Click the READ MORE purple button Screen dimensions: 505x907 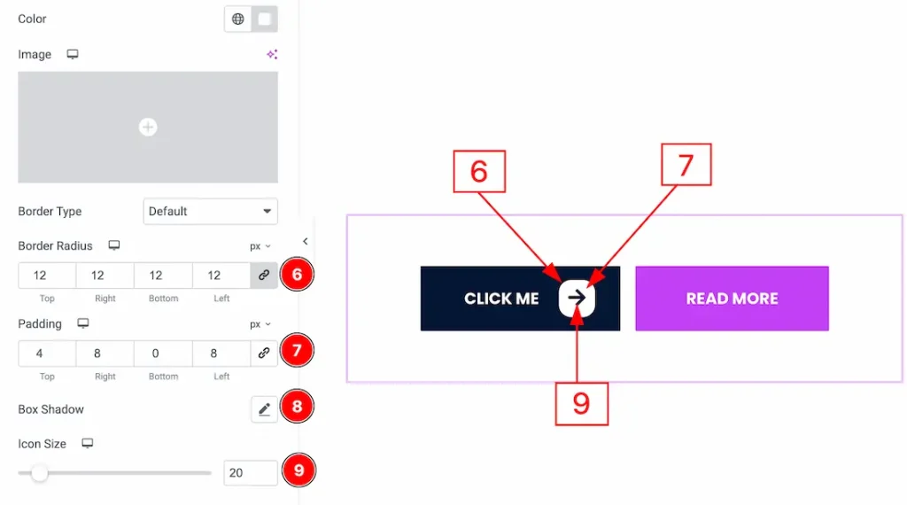732,299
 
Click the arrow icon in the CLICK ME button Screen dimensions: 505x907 578,299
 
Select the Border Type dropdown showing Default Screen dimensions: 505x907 210,212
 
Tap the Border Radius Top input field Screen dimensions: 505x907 47,276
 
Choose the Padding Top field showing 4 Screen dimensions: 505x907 47,353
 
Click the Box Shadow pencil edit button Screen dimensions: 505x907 264,409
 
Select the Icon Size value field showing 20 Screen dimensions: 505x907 251,473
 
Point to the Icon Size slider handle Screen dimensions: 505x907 39,473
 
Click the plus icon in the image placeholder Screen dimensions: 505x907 148,128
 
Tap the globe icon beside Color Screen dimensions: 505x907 238,19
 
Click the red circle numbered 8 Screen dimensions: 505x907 298,408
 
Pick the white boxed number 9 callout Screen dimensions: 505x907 581,403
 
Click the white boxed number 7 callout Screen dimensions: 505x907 686,164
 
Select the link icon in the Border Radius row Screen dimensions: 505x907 264,276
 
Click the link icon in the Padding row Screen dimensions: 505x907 264,353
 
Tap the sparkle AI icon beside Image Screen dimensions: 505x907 272,55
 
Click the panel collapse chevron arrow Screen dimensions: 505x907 306,241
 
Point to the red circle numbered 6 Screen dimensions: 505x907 298,275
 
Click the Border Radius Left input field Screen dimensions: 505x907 221,276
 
